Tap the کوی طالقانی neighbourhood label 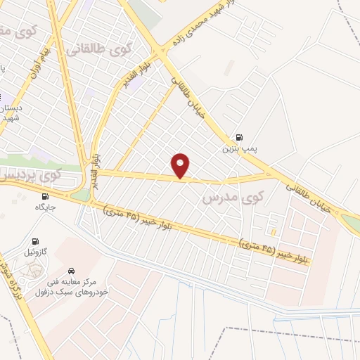(98, 50)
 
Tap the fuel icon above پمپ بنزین (241, 137)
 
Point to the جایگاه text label (45, 208)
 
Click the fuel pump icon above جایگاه (46, 197)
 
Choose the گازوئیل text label (36, 252)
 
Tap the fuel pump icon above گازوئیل (36, 240)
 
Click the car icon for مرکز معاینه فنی (70, 269)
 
